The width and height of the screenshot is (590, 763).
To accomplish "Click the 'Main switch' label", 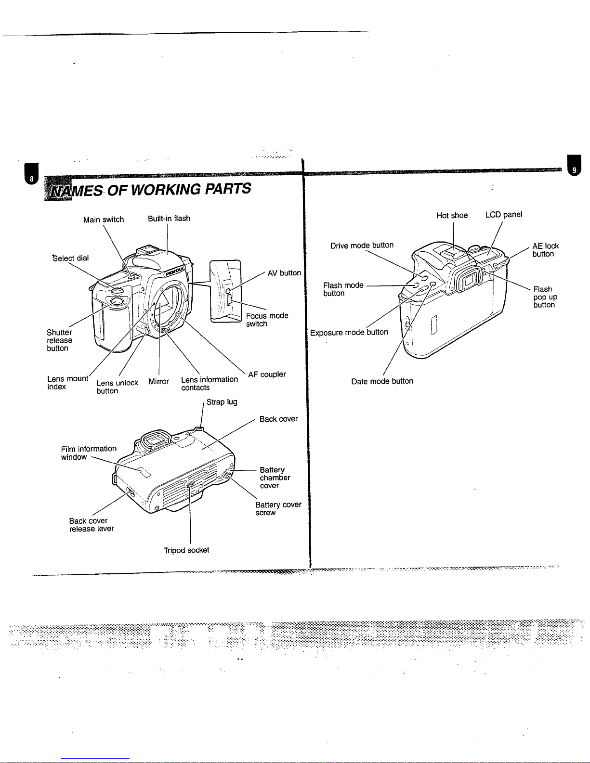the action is coord(104,220).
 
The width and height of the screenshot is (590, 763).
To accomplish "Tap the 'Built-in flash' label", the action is coord(169,219).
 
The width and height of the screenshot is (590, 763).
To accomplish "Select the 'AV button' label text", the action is coord(284,273).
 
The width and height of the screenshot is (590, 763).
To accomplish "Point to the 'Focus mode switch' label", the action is coord(267,320).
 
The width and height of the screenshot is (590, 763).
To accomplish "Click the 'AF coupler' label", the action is coord(267,375).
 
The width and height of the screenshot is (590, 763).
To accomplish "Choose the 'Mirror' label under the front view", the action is coord(159,381).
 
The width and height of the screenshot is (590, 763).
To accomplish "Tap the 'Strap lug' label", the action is coord(222,402).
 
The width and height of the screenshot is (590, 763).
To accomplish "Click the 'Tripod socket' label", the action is coord(186,550).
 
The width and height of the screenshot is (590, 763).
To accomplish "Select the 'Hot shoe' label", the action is coord(452,215).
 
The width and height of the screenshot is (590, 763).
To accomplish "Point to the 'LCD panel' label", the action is coord(504,215).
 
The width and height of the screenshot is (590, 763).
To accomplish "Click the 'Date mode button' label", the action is coord(382,381).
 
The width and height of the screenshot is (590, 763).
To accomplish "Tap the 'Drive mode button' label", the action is coord(362,246).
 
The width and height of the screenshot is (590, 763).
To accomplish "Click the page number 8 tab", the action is coord(31,174).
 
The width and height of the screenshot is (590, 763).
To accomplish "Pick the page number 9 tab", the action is coord(574,166).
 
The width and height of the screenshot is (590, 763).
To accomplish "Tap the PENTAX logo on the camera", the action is coord(174,271).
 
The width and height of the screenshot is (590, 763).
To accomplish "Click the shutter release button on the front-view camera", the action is coord(116,301).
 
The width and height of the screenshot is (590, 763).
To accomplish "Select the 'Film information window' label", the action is coord(89,453).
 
